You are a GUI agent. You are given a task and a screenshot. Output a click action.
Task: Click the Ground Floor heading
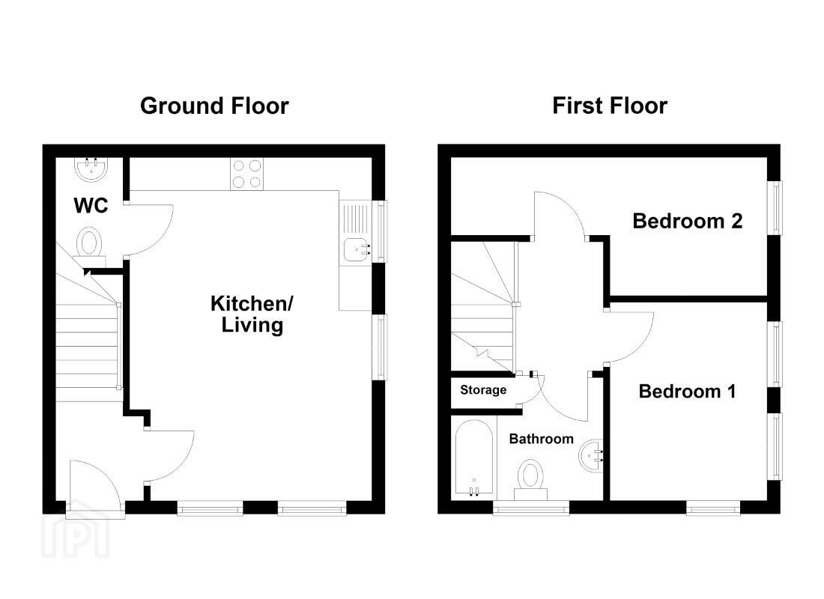[x=214, y=106]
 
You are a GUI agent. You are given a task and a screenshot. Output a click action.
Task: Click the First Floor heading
[x=610, y=106]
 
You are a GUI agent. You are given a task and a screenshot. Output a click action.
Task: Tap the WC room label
[x=91, y=205]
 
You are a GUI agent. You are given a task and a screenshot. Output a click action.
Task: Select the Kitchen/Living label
[x=252, y=314]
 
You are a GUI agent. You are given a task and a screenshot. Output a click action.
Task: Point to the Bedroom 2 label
[x=688, y=221]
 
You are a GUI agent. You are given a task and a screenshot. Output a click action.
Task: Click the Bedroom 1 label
[x=687, y=392]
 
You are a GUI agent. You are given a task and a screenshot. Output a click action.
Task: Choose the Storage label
[x=483, y=390]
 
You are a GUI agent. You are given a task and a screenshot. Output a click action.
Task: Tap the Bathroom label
[x=542, y=439]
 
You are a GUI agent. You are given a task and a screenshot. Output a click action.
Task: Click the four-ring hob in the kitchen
[x=247, y=174]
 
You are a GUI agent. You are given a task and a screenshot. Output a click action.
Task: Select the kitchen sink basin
[x=357, y=249]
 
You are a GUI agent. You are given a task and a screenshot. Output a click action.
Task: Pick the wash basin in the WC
[x=91, y=169]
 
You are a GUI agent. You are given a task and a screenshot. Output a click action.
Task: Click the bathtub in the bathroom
[x=474, y=458]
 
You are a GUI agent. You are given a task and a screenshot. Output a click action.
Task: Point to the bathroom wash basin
[x=592, y=455]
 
